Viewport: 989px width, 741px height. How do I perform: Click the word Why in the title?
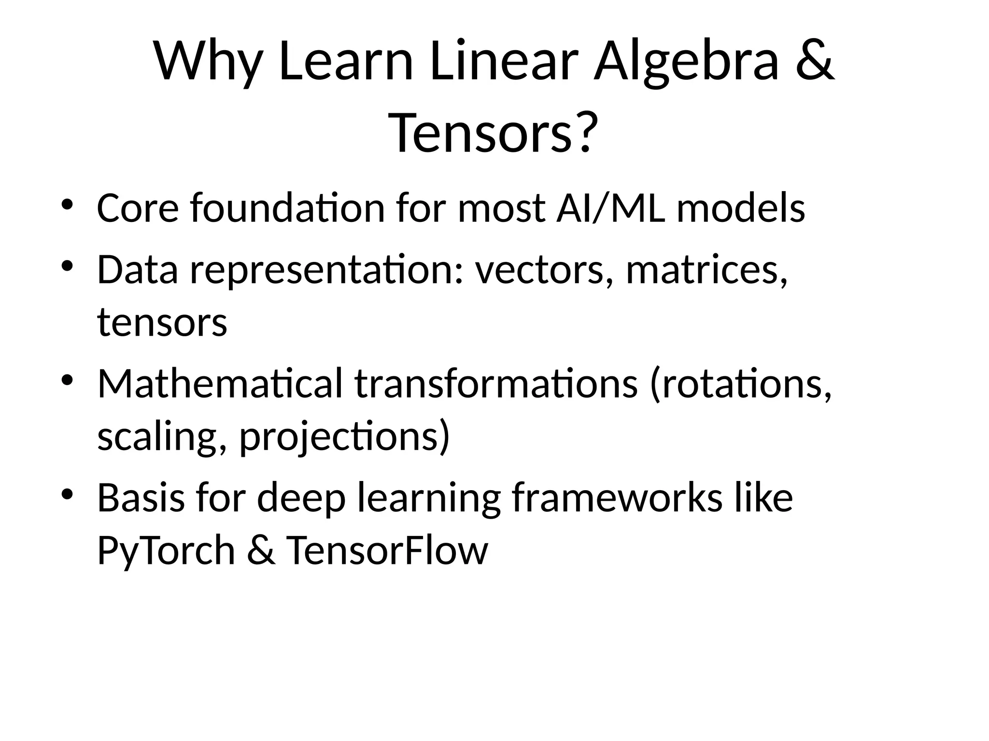(x=208, y=62)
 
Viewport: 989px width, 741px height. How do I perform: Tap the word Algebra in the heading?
(x=686, y=62)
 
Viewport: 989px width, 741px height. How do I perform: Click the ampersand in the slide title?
(x=814, y=62)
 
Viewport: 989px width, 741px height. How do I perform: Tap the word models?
(x=741, y=208)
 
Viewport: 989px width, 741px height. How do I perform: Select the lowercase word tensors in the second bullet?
(x=162, y=322)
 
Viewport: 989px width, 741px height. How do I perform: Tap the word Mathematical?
(x=220, y=384)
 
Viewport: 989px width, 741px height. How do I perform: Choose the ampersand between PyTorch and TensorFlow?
(x=261, y=550)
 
